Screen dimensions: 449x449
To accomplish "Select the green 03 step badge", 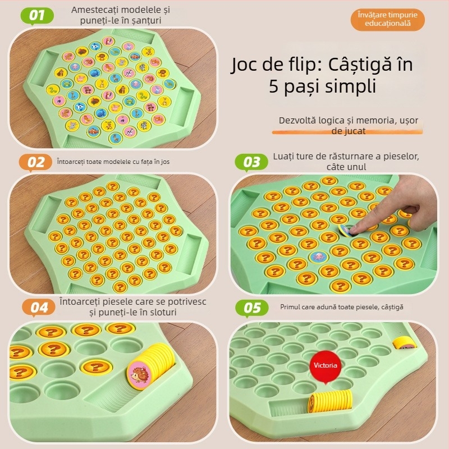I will [x=252, y=162].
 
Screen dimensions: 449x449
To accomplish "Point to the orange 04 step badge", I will [x=39, y=308].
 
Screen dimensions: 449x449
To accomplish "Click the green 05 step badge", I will [x=252, y=308].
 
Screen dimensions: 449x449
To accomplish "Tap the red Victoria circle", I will [x=326, y=365].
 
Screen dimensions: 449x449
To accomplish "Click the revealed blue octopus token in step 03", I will [x=318, y=257].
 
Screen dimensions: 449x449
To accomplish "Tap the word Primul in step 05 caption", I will [x=293, y=307].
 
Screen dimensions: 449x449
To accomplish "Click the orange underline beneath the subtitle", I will [x=345, y=132].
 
